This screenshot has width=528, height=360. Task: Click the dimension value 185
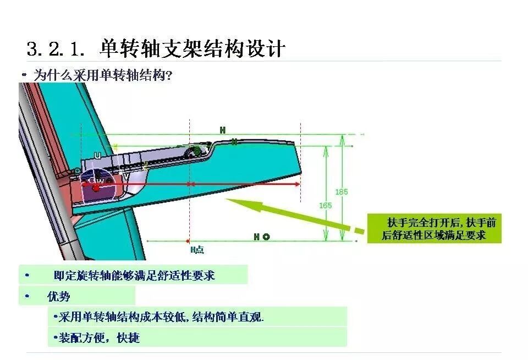(x=341, y=192)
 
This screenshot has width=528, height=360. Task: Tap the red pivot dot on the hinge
(x=96, y=188)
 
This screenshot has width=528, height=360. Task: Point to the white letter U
(x=97, y=156)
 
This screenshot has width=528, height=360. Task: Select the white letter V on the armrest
(x=126, y=177)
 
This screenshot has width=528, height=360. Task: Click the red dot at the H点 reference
(x=189, y=241)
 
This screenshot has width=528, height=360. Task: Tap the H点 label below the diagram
(x=197, y=250)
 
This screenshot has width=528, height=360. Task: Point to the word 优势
(x=59, y=297)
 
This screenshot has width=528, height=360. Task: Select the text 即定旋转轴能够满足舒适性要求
(x=134, y=275)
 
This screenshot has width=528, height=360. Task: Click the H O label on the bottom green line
(x=261, y=237)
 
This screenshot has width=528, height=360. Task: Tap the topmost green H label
(x=223, y=130)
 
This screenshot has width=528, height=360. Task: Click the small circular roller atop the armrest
(x=194, y=151)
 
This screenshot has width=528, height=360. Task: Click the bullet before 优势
(x=26, y=297)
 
